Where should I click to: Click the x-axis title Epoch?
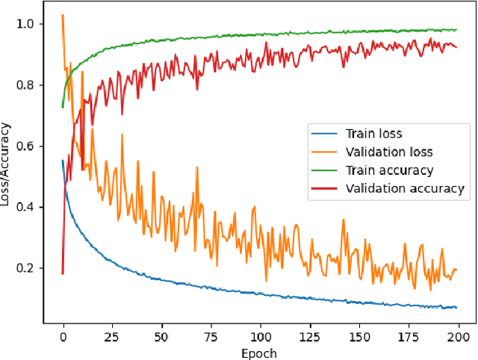pos(260,353)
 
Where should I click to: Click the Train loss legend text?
pos(373,134)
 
